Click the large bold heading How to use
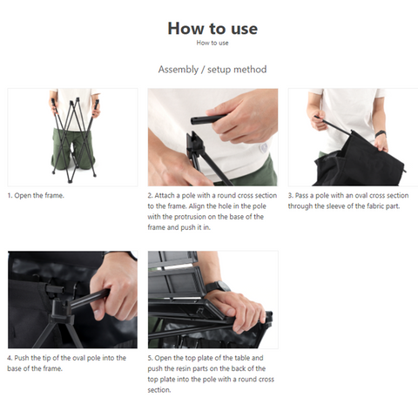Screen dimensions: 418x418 click(212, 29)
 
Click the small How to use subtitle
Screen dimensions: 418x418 click(212, 43)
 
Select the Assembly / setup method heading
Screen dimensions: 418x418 click(212, 70)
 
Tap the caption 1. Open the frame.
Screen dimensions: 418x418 click(36, 195)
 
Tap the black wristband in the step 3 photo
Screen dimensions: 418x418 click(381, 134)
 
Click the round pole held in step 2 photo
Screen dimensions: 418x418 click(208, 119)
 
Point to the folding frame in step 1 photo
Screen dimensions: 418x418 click(75, 139)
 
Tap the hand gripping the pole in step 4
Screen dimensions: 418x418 click(115, 287)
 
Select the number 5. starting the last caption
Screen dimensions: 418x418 click(150, 358)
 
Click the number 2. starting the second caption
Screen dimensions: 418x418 click(150, 195)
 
